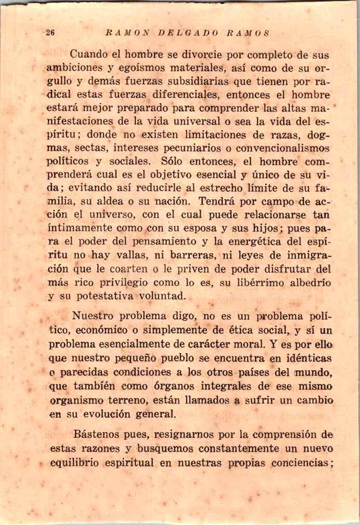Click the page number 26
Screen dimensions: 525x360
[50, 32]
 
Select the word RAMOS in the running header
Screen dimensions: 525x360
[248, 32]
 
